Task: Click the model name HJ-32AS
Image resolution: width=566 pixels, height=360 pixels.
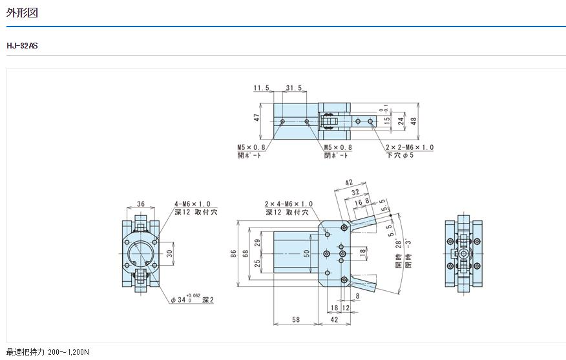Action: tap(22, 46)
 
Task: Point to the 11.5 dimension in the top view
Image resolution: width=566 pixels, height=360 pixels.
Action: tap(261, 89)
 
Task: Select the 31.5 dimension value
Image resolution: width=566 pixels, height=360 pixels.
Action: tap(295, 89)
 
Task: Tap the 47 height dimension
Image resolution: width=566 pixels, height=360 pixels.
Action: tap(257, 118)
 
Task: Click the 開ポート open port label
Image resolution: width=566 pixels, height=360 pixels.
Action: tap(249, 155)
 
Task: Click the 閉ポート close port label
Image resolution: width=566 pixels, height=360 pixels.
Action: tap(336, 155)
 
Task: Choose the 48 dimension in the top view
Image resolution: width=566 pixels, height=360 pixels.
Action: tap(414, 121)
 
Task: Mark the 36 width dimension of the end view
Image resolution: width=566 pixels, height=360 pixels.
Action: tap(140, 205)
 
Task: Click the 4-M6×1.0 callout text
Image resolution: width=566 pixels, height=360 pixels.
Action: tap(192, 204)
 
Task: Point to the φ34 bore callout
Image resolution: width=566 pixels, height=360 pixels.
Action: tap(190, 300)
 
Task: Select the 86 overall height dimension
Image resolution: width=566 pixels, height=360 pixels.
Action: tap(233, 254)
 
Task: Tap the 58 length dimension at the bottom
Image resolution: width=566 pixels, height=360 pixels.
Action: tap(296, 319)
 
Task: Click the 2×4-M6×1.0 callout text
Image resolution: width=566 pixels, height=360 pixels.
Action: tap(288, 204)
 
